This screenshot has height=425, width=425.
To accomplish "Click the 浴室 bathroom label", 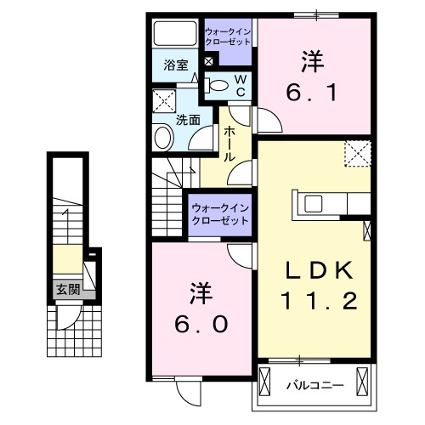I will (176, 65).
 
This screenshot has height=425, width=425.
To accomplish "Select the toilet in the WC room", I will (218, 85).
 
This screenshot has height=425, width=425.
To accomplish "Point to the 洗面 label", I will (188, 120).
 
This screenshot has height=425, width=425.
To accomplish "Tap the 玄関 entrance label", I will (67, 289).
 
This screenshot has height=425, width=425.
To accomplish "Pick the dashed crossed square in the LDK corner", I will (357, 154).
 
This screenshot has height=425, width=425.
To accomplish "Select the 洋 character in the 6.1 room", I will (309, 60).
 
